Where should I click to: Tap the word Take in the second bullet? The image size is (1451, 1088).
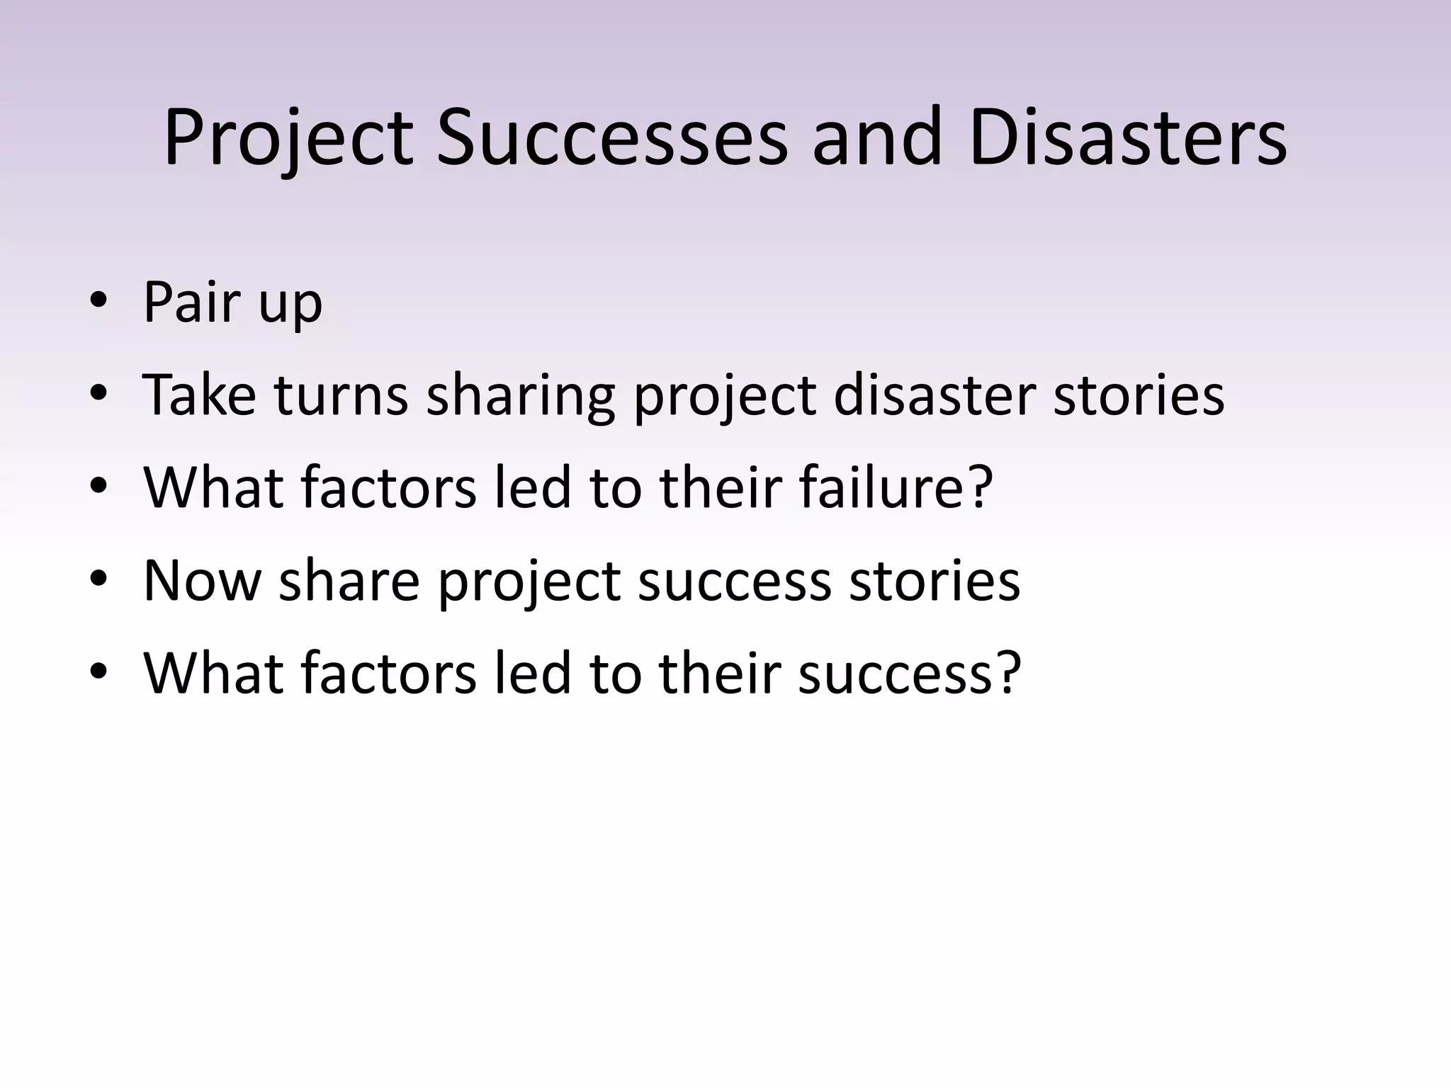199,395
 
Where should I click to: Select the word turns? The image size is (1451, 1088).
341,395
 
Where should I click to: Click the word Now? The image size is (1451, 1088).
202,581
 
